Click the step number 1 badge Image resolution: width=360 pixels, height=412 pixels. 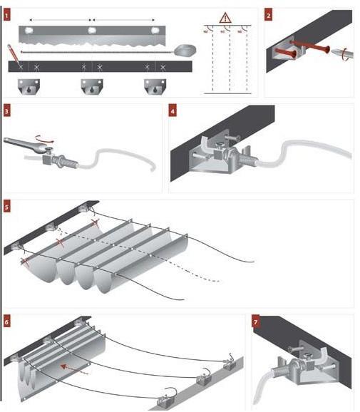pos(7,14)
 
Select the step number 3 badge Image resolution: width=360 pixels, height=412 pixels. pos(7,110)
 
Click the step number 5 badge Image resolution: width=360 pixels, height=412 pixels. pos(7,207)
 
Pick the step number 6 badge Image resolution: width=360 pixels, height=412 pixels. pos(7,320)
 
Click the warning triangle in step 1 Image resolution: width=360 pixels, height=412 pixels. pos(225,17)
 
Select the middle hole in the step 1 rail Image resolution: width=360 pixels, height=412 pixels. pos(92,31)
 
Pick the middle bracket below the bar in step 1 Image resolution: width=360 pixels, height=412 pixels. pos(91,87)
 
